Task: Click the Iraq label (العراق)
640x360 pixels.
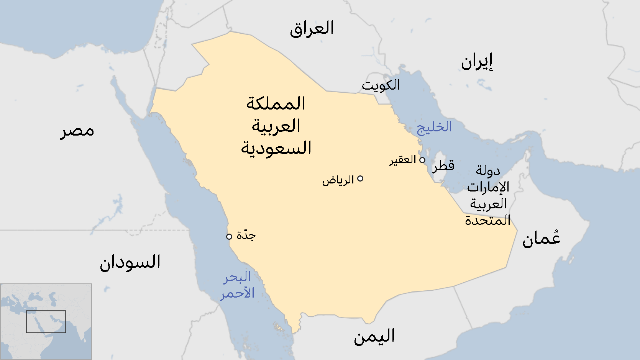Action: pos(312,29)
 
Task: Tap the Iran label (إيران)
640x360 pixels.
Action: pos(476,62)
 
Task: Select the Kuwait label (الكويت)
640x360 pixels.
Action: pos(381,85)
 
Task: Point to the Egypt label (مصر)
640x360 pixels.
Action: pos(77,131)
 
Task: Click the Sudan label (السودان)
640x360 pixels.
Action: pos(130,262)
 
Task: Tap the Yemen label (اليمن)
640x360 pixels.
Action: pos(374,336)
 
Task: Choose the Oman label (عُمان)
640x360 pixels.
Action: pos(541,239)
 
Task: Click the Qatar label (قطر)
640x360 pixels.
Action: pos(444,166)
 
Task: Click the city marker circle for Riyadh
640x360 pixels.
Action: pos(360,178)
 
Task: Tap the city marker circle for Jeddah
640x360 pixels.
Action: pos(229,236)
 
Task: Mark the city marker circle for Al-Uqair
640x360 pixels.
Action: pos(422,160)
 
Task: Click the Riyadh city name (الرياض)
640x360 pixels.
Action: pos(338,180)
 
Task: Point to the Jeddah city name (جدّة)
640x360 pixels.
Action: pos(246,235)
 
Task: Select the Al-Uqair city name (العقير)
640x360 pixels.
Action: pos(403,160)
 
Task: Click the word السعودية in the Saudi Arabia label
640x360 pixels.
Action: pos(276,148)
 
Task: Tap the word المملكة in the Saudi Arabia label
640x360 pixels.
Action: pos(276,103)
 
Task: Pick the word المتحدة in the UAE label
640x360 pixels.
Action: pos(487,221)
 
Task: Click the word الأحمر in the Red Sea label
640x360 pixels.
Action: pos(237,294)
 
